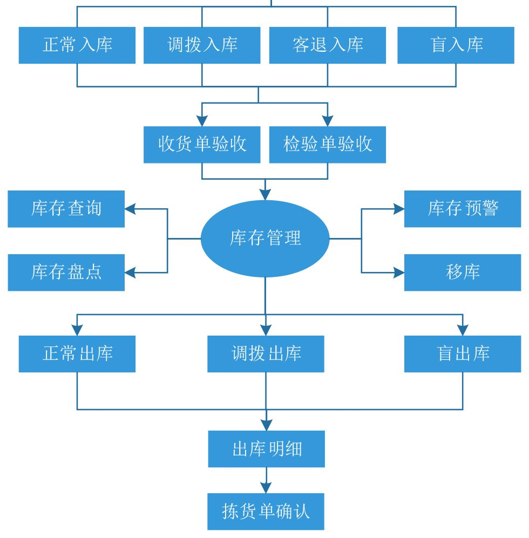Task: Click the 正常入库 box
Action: [x=77, y=45]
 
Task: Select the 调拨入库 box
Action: [x=202, y=45]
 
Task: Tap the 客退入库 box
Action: [x=328, y=45]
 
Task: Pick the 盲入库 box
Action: [x=456, y=45]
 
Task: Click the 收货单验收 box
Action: [x=202, y=145]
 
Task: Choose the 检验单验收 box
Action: [x=328, y=145]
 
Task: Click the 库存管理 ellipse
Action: [x=265, y=239]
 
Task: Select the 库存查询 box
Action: [x=66, y=209]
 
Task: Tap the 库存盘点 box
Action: [x=66, y=273]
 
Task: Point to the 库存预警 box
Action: [x=463, y=209]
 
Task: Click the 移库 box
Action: [x=463, y=273]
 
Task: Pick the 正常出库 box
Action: [x=77, y=354]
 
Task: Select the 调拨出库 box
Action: [x=266, y=354]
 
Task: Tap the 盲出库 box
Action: [x=463, y=354]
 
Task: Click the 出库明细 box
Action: [x=266, y=449]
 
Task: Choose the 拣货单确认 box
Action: [x=266, y=512]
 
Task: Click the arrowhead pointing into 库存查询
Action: [x=130, y=209]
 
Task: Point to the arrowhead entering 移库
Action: [x=399, y=273]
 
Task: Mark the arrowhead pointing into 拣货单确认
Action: [x=266, y=488]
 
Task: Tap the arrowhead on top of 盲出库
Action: [x=463, y=330]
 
